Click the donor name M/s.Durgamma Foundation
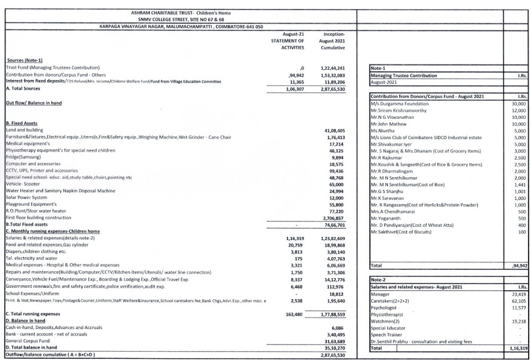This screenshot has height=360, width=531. (x=398, y=104)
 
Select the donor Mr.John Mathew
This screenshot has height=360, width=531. (x=391, y=124)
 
